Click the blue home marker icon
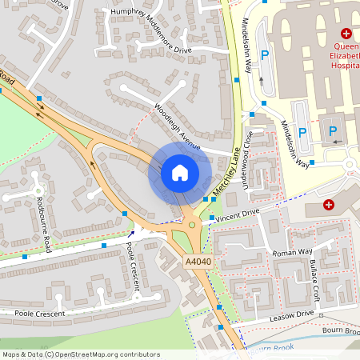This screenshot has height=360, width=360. tap(180, 172)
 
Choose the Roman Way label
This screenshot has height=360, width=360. tap(292, 252)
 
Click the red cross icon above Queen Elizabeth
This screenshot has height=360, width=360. tap(346, 34)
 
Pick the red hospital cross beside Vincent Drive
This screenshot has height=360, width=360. tap(329, 205)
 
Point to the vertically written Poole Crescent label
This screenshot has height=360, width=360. tap(134, 266)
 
